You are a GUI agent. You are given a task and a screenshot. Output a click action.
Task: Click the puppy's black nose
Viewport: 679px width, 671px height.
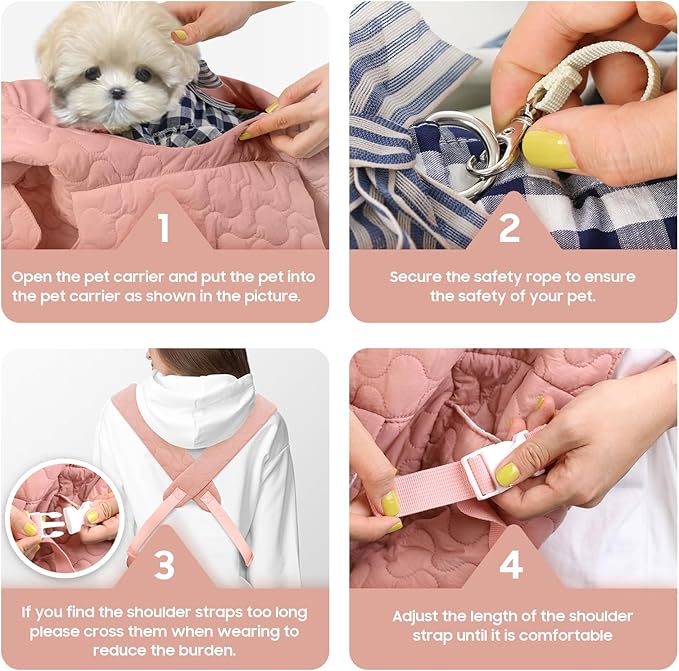click(117, 93)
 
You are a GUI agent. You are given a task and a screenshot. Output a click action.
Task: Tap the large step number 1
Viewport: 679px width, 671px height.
click(163, 228)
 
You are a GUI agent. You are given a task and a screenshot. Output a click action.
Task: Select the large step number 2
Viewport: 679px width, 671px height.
click(509, 228)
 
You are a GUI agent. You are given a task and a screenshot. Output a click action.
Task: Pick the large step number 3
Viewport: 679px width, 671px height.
click(165, 564)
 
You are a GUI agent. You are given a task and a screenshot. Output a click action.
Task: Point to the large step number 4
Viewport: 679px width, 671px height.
click(511, 565)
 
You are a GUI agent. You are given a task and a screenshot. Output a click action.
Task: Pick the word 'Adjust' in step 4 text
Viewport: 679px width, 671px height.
click(416, 617)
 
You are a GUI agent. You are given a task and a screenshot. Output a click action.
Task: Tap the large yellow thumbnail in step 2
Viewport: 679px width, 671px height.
click(549, 150)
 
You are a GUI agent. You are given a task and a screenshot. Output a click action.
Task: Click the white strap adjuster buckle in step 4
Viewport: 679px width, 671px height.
click(498, 465)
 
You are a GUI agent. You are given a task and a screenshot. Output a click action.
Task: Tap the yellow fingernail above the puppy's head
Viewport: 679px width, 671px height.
click(181, 36)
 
